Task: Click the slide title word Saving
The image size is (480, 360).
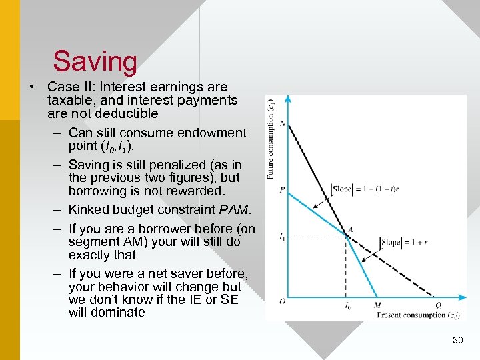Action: click(95, 61)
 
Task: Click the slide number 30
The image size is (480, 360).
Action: click(457, 341)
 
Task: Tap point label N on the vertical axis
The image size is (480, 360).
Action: click(283, 123)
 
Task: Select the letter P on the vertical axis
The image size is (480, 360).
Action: click(283, 189)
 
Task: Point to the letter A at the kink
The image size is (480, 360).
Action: click(351, 230)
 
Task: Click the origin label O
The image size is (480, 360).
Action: click(283, 301)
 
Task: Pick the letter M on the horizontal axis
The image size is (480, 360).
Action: click(378, 306)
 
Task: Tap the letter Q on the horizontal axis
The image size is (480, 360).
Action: click(439, 306)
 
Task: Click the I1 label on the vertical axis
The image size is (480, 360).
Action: click(282, 236)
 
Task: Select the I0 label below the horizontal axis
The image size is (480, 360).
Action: click(347, 306)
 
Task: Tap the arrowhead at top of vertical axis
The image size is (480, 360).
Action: click(288, 99)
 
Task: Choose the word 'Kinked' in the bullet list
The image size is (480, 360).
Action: click(88, 210)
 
